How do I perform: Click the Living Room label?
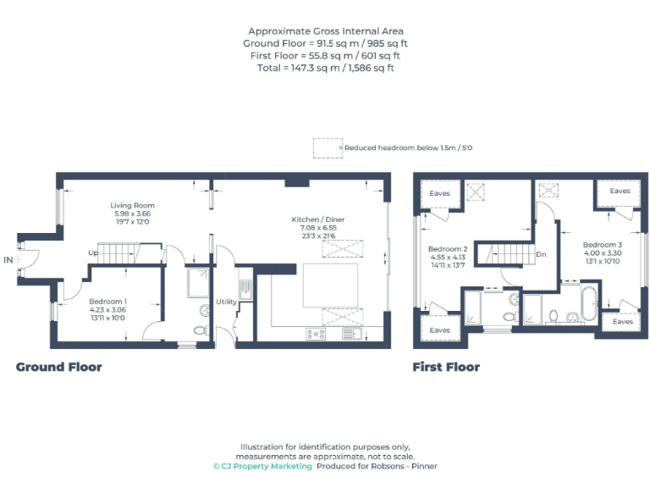pos(132,205)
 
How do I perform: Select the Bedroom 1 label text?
pos(107,301)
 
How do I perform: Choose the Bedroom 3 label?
pos(602,244)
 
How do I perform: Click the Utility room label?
pos(226,301)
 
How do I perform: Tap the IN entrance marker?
pos(8,259)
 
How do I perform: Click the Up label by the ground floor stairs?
pos(92,252)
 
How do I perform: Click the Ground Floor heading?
pos(59,367)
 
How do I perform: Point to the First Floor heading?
pos(446,367)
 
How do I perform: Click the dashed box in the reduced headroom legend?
pos(328,147)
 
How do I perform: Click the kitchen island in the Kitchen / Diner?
pos(329,284)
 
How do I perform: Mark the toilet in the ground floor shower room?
pos(201,330)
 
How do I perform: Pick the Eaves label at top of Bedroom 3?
pos(620,191)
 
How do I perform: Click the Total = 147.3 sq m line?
pos(325,67)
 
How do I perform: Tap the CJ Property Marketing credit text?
pos(262,466)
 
